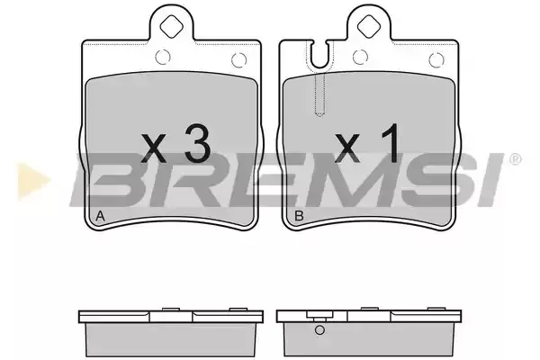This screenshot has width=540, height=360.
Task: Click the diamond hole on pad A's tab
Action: [171, 26]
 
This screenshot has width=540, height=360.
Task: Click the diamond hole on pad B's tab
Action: [369, 26]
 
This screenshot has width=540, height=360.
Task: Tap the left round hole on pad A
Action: [163, 58]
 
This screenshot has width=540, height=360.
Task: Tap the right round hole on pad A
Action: [239, 60]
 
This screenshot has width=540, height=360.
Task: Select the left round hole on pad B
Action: [361, 58]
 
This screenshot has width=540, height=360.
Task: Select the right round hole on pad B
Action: [436, 60]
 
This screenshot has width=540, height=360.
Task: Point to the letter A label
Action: [100, 216]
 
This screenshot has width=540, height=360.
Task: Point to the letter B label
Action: [299, 216]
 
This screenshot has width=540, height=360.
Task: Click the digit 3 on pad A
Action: [197, 143]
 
